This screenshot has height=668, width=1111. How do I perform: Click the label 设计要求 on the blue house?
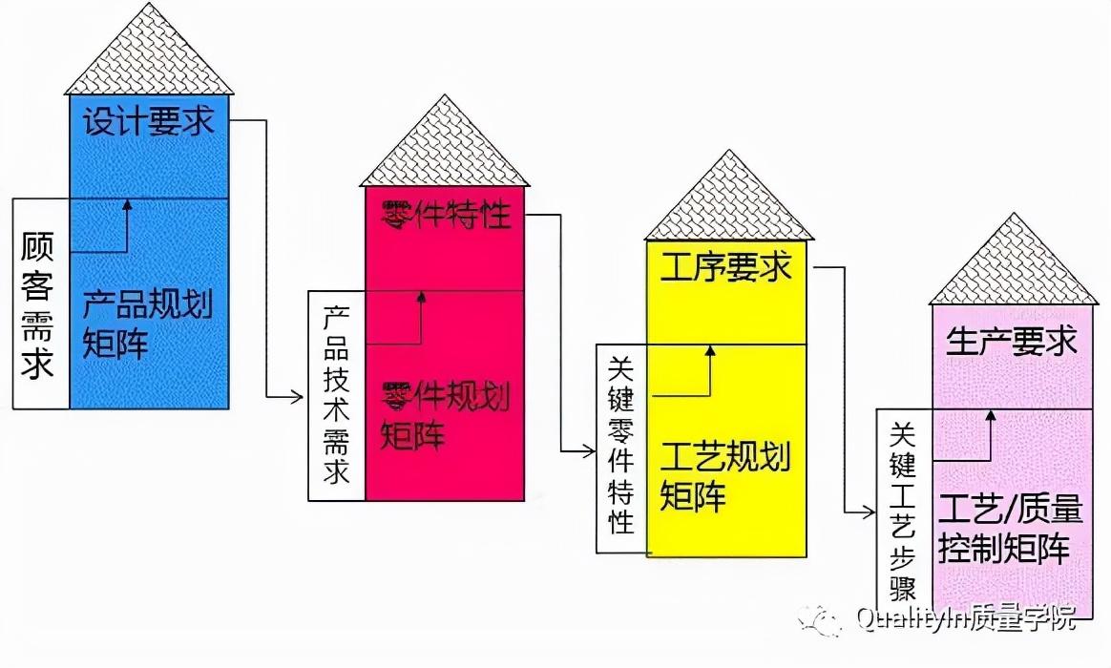pos(148,122)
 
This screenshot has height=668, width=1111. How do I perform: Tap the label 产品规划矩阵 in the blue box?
pos(146,324)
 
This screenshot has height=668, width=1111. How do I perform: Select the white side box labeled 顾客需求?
pos(39,303)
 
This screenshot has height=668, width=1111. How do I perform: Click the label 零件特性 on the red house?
pos(446,215)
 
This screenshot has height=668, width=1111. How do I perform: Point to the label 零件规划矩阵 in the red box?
pos(444,414)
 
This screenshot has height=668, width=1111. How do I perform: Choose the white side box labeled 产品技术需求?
pos(336,395)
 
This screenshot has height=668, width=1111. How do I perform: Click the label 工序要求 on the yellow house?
pos(726,267)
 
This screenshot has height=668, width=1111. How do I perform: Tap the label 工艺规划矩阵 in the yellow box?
pos(725,476)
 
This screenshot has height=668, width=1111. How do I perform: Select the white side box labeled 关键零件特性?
pos(621,449)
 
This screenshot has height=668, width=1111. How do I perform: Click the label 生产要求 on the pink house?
pos(1011,342)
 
